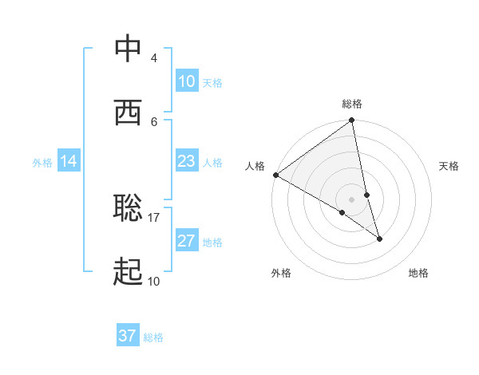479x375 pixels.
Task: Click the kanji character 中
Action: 129,49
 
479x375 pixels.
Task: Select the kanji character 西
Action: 129,112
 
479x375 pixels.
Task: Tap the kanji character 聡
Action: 129,208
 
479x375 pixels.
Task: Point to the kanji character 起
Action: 129,272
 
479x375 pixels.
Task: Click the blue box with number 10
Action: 187,81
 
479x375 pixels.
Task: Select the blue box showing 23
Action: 187,162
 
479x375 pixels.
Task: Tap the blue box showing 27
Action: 187,242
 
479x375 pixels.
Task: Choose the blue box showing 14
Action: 69,162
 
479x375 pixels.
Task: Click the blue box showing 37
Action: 128,336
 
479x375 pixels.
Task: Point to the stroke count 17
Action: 153,217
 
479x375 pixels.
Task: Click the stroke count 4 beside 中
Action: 153,58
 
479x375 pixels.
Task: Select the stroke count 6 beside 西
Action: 153,121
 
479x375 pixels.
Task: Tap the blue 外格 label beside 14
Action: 42,163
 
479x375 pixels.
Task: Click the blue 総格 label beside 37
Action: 153,337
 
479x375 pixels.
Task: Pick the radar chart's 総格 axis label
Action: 352,104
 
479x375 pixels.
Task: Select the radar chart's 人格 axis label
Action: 255,166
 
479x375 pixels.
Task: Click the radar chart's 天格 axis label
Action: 449,166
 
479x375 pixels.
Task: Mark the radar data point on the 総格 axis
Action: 352,121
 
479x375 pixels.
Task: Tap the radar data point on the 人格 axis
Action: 276,175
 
